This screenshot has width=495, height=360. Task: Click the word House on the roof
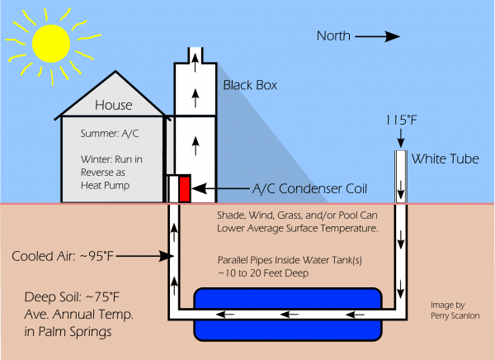pos(113,105)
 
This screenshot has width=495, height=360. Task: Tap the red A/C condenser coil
pos(185,189)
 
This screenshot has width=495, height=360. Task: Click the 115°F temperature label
pos(399,121)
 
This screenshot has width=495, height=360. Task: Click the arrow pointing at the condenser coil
pos(210,189)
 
